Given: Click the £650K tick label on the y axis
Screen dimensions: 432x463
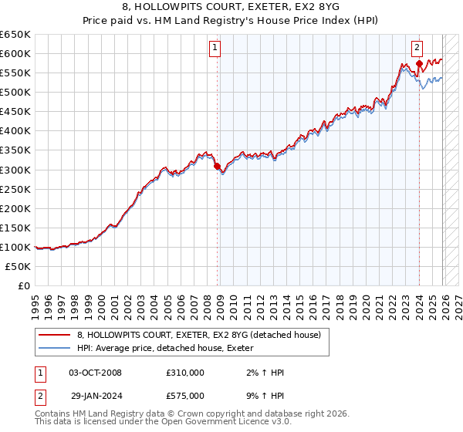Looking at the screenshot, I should [x=15, y=35].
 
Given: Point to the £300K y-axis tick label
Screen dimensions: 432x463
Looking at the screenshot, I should [x=15, y=170].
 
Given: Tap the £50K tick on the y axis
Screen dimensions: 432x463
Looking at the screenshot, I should [x=19, y=266].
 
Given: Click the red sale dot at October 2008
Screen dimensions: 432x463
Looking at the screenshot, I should [x=217, y=165].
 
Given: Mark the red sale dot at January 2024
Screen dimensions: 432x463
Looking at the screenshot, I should [x=418, y=63].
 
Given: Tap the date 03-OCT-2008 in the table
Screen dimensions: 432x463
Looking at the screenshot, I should [x=96, y=373].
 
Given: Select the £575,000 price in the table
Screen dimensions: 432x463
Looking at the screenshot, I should [x=185, y=395].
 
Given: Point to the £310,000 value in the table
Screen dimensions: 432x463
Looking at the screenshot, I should [x=185, y=373].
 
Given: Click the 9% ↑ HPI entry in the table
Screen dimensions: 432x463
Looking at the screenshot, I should [x=262, y=395].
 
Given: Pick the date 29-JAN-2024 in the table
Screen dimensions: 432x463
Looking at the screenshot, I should [x=96, y=395].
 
